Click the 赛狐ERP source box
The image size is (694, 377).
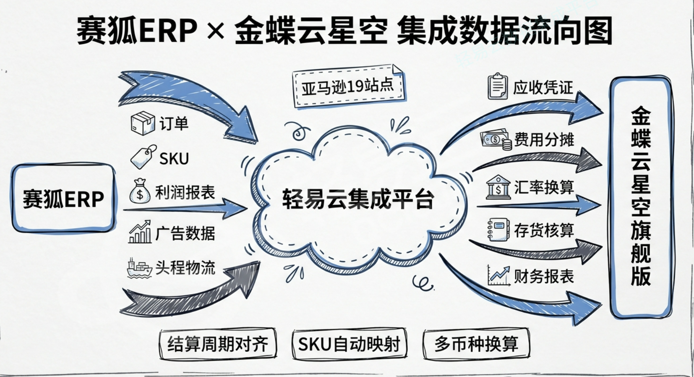[x=63, y=199]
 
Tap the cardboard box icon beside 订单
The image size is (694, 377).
[x=143, y=123]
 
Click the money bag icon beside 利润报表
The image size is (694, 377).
[x=140, y=191]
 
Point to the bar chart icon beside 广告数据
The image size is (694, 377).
[x=140, y=232]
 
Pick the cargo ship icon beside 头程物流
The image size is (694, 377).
[x=139, y=268]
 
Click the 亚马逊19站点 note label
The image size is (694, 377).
[x=348, y=86]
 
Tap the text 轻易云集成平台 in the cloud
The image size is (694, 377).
[x=358, y=199]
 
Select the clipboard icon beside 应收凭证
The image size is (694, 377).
[x=498, y=86]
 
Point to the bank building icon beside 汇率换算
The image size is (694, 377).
[x=498, y=187]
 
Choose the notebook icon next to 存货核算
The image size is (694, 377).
[x=498, y=230]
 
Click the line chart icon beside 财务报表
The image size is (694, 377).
[x=498, y=276]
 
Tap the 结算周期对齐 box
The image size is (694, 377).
[x=218, y=344]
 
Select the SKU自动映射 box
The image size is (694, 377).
[x=349, y=344]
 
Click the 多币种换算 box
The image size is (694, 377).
[x=476, y=344]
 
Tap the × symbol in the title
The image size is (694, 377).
[x=216, y=31]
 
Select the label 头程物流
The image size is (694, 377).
[x=185, y=268]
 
